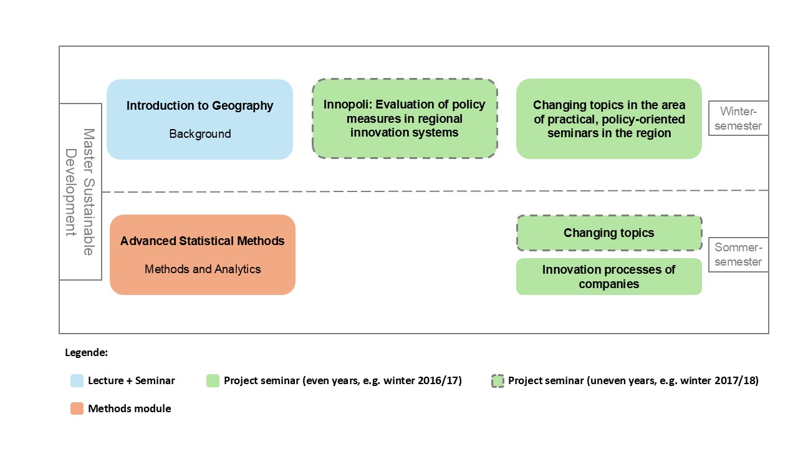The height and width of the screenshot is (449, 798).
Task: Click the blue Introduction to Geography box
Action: [x=200, y=119]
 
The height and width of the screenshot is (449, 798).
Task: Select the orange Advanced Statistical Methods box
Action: [x=203, y=255]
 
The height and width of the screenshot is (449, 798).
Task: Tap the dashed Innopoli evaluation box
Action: [x=405, y=118]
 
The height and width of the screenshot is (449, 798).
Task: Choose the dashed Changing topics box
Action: [x=609, y=233]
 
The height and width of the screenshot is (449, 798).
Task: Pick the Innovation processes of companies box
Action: [x=609, y=276]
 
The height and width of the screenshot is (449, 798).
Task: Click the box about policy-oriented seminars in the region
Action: [x=609, y=118]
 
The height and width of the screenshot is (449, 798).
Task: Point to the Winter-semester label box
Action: [x=738, y=118]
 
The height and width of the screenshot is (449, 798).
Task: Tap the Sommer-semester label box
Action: [x=738, y=254]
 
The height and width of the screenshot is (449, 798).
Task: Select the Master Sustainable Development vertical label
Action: [x=80, y=192]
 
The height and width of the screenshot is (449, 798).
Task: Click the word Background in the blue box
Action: [x=200, y=133]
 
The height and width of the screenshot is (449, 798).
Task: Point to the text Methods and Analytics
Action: [x=203, y=269]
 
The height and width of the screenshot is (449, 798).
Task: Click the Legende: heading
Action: [x=86, y=352]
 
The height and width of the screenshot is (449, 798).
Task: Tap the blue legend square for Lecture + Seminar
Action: [x=77, y=380]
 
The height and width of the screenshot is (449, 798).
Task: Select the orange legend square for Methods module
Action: [x=77, y=408]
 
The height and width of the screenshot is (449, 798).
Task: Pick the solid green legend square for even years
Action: [x=213, y=380]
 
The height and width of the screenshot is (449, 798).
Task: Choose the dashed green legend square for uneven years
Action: [x=498, y=381]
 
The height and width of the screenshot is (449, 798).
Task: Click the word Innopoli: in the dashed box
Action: [x=347, y=104]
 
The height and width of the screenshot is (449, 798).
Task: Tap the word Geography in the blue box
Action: [x=243, y=106]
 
